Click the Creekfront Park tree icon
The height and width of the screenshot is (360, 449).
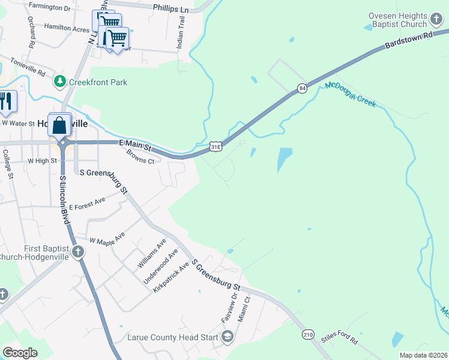60,81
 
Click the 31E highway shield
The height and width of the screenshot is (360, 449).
217,146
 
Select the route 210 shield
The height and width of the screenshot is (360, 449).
308,334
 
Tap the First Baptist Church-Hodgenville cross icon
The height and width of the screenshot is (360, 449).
78,252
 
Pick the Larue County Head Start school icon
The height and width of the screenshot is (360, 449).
227,338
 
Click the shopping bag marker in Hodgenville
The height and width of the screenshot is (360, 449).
59,125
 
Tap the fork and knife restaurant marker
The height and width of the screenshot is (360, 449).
6,100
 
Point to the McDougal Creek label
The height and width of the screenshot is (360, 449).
351,94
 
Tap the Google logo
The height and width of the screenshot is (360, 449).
20,353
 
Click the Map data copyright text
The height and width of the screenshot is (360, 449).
423,355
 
